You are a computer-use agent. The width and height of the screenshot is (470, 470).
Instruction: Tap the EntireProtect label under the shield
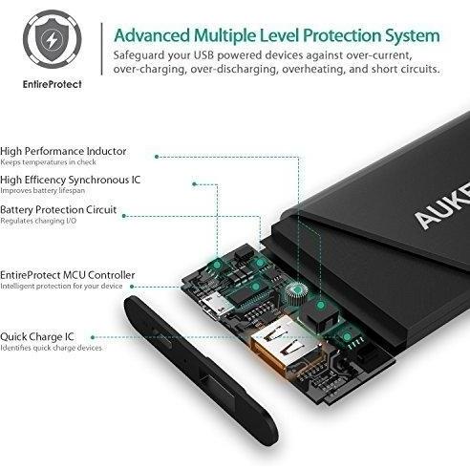(53, 84)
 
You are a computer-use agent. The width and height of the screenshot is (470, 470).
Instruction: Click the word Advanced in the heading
(152, 35)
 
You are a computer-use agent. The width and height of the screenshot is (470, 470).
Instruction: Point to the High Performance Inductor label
(63, 151)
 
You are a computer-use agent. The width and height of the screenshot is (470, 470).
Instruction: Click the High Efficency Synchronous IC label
(70, 180)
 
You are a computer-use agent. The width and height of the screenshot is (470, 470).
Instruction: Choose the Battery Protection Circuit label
(58, 210)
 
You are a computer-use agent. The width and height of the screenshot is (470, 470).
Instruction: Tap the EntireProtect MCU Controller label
(67, 275)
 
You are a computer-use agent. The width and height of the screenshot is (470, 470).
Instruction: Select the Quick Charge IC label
(37, 336)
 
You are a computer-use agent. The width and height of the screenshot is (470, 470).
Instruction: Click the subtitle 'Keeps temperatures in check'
(48, 162)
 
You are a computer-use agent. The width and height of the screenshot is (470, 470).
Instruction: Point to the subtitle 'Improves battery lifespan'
(43, 190)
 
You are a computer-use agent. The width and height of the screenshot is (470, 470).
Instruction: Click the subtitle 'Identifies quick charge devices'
(51, 348)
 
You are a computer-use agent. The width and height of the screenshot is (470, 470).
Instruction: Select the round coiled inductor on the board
(297, 291)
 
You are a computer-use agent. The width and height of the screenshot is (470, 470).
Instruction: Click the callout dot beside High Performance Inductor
(157, 157)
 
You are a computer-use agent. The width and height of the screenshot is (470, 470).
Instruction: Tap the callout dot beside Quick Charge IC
(93, 337)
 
